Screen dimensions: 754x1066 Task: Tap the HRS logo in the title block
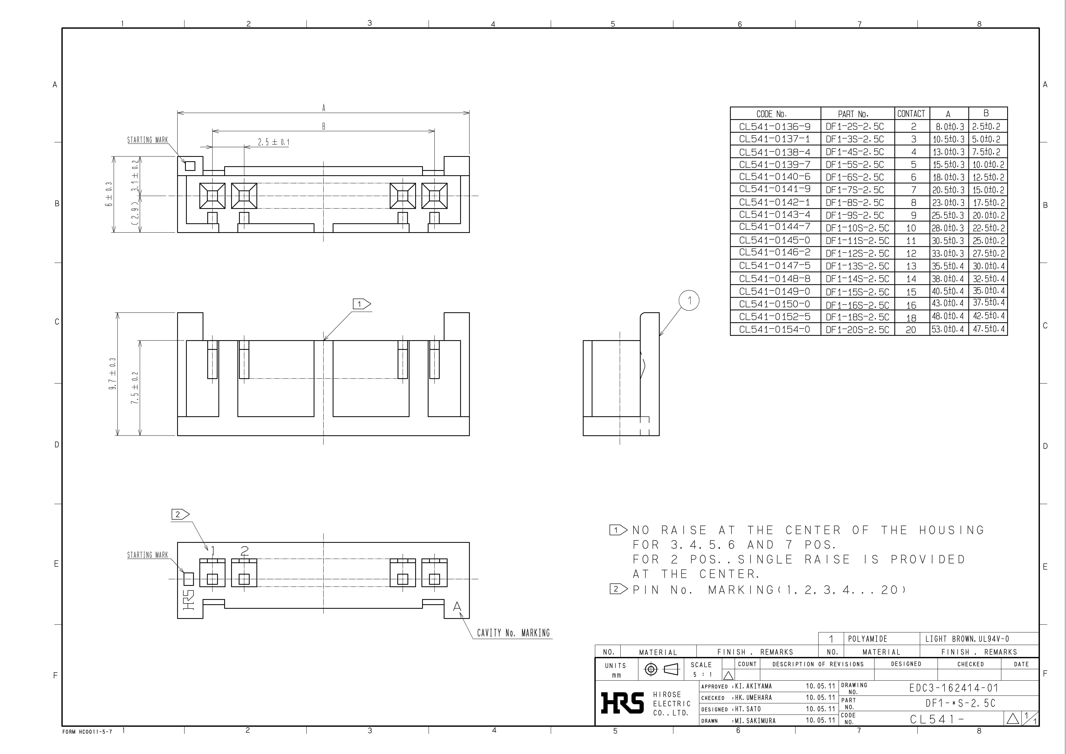[x=622, y=703]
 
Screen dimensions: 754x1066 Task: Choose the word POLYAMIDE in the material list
[x=867, y=639]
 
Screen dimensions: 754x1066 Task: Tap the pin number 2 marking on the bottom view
[x=245, y=551]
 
